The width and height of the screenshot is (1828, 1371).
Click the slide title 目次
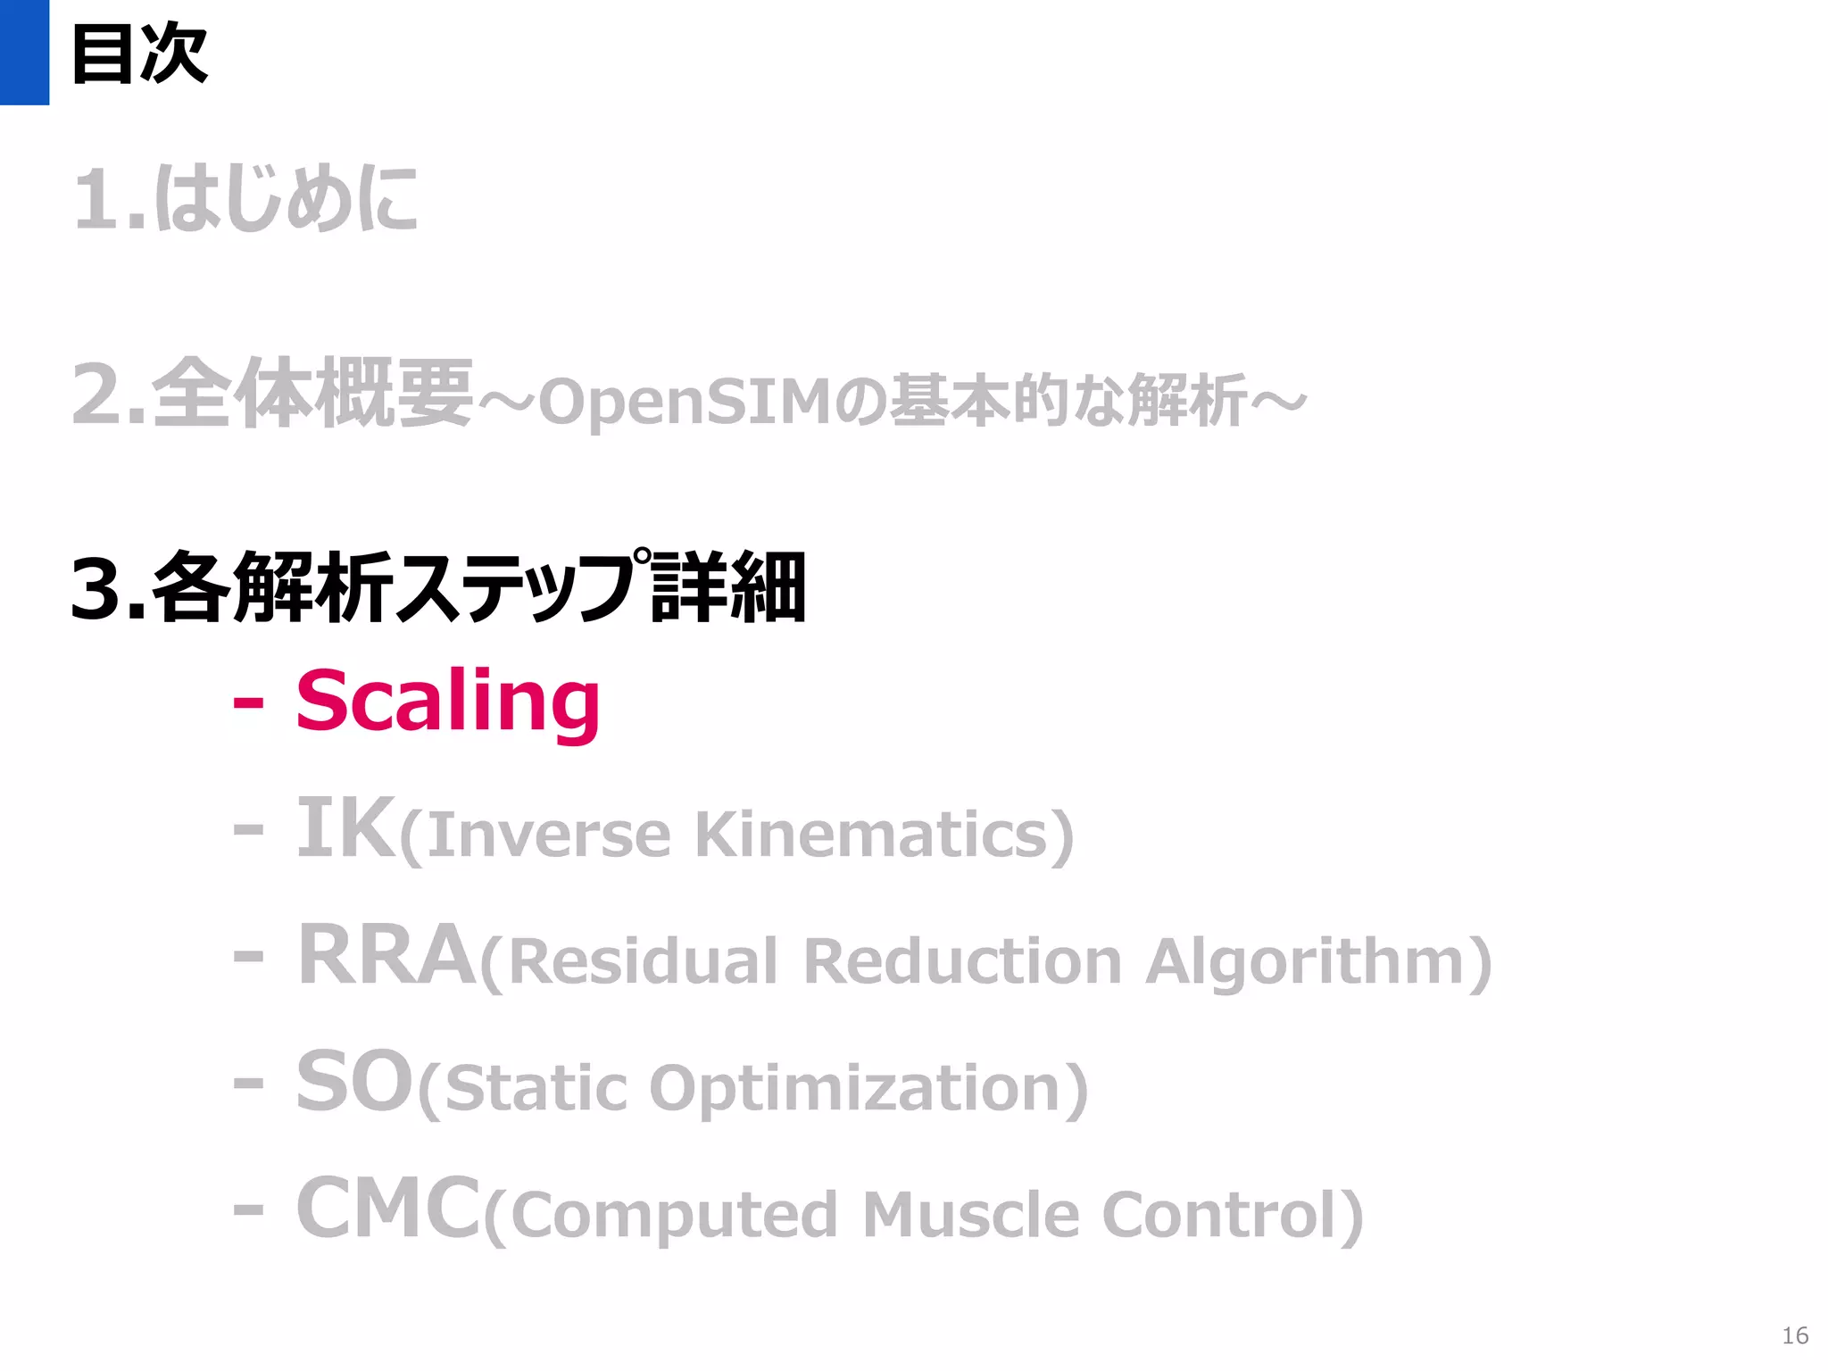[139, 54]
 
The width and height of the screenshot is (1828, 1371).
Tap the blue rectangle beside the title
[24, 52]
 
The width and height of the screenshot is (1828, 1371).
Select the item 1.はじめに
[245, 199]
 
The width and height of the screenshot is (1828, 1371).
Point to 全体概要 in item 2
[312, 394]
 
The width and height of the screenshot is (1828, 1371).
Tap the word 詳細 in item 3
[728, 588]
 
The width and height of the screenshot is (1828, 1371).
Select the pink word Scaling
[448, 702]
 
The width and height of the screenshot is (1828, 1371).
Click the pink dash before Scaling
[248, 703]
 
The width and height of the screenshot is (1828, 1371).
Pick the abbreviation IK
[345, 828]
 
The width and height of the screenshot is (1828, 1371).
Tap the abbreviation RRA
[386, 956]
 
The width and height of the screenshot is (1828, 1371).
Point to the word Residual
[643, 961]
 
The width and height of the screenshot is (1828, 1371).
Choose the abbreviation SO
[355, 1083]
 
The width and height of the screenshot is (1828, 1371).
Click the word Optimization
[854, 1088]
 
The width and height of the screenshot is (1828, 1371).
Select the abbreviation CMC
[388, 1209]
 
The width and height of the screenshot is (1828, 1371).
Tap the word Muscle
[971, 1215]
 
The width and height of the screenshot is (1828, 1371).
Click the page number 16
[1795, 1335]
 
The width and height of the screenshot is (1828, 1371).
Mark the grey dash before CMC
[248, 1210]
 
